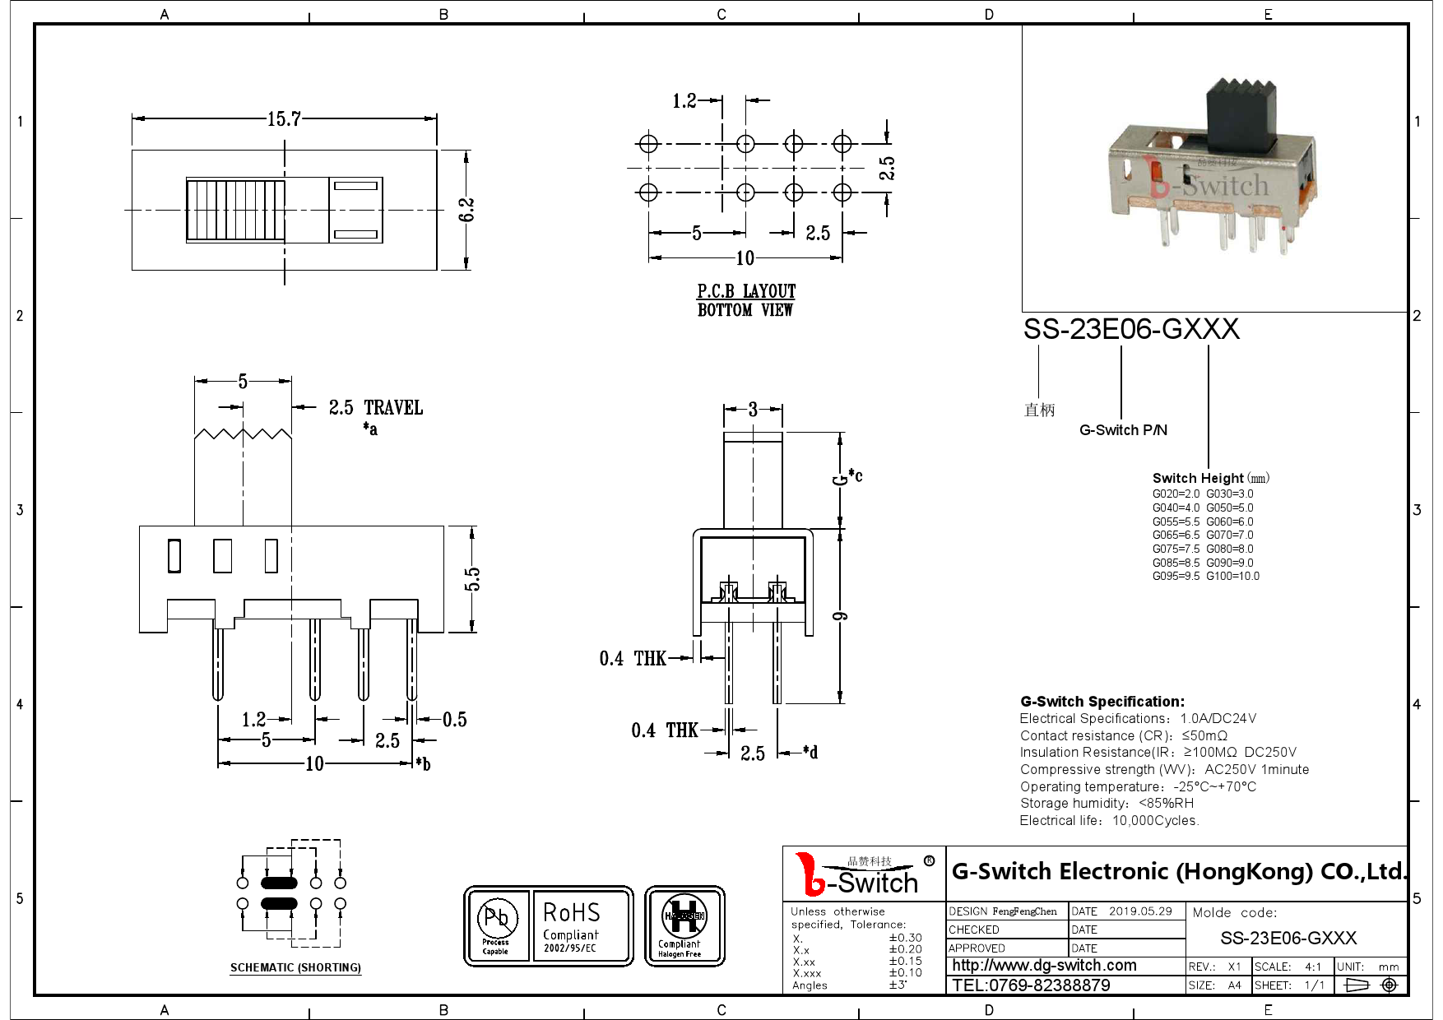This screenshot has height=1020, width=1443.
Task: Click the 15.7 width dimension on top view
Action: [284, 119]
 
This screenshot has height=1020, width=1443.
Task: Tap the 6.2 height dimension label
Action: [466, 210]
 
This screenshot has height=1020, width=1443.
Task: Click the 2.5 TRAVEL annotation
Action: [375, 408]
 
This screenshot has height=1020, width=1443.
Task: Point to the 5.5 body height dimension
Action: [472, 579]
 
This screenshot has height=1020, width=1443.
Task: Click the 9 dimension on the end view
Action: [840, 616]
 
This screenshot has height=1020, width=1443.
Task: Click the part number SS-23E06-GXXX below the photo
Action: [1130, 329]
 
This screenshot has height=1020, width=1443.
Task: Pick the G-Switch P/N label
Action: [1123, 430]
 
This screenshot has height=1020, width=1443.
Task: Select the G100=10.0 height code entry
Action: [1232, 576]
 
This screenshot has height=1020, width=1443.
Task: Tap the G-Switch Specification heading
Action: [1102, 702]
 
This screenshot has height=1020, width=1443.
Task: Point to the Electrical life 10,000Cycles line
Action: [1109, 820]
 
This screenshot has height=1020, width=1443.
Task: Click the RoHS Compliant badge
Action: [581, 925]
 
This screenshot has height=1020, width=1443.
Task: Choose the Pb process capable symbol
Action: [497, 925]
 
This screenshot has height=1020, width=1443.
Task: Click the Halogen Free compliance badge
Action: [684, 925]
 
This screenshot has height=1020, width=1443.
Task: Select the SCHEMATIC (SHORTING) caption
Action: [295, 967]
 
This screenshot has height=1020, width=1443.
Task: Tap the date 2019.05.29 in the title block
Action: [1139, 911]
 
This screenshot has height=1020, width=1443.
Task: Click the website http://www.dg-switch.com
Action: [1044, 965]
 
